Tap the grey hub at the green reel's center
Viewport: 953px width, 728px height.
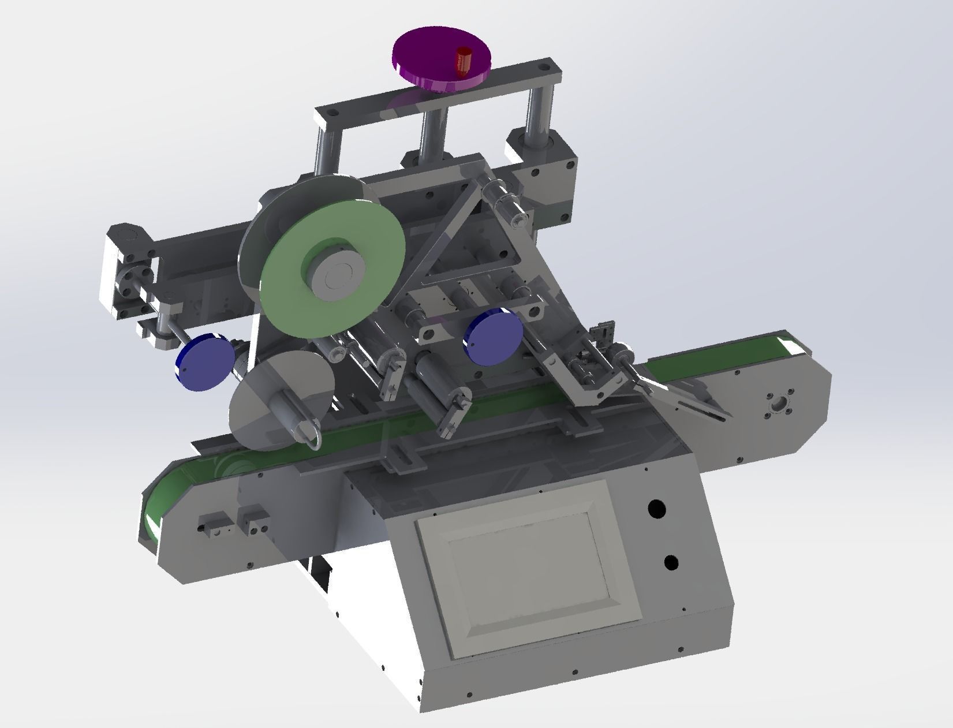tap(334, 278)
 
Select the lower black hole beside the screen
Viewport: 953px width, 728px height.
tap(671, 562)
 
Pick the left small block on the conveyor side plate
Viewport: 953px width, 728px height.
tap(210, 522)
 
